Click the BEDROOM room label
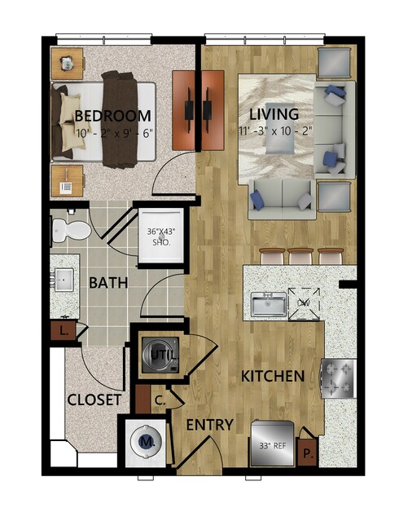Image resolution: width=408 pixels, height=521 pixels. tap(113, 116)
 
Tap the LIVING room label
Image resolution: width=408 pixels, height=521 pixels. tap(274, 114)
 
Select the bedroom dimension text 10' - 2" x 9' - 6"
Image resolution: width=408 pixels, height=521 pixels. tap(115, 133)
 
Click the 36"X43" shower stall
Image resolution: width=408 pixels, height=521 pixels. tap(161, 236)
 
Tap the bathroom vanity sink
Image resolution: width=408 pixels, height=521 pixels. tap(64, 280)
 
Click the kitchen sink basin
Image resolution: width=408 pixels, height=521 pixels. tap(269, 304)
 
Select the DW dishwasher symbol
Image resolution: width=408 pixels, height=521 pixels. tap(304, 303)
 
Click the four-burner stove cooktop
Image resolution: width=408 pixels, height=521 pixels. tap(338, 378)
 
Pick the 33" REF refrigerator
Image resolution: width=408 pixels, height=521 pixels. tap(272, 444)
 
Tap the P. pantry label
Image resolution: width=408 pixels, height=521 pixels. tap(309, 453)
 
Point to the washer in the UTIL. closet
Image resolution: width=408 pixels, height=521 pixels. tap(160, 355)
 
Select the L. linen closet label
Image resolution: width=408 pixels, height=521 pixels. tap(64, 331)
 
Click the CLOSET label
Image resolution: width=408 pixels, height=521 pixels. tap(94, 400)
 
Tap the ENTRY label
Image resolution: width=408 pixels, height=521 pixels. tap(210, 425)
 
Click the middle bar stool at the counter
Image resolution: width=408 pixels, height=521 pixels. tap(301, 256)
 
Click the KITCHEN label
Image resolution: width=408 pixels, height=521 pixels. tap(273, 376)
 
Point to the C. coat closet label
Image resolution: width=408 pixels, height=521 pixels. tap(160, 400)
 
